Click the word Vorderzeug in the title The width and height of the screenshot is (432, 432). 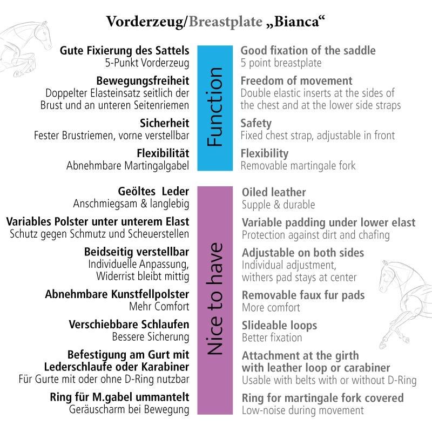click(145, 22)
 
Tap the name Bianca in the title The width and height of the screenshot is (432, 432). click(296, 22)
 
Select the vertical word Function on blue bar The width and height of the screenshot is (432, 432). click(215, 107)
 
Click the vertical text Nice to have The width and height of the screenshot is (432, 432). click(215, 299)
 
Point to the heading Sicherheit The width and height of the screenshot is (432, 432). click(165, 123)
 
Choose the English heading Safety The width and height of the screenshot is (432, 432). click(256, 123)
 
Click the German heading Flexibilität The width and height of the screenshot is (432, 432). click(163, 153)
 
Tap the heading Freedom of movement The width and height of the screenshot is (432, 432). click(296, 80)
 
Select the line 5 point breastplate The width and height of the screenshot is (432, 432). click(281, 63)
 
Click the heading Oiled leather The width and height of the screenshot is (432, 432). click(274, 192)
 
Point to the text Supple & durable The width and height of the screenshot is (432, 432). click(278, 205)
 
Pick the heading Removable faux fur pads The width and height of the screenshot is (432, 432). click(303, 295)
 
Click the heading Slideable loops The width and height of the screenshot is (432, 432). click(279, 326)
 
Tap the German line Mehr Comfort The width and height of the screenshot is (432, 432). click(159, 306)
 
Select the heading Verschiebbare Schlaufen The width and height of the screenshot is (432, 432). click(129, 325)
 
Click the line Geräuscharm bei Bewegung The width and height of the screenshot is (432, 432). click(129, 409)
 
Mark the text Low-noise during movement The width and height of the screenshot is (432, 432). click(303, 410)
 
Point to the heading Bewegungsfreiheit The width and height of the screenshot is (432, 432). click(143, 80)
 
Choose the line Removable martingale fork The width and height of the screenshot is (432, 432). click(298, 166)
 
